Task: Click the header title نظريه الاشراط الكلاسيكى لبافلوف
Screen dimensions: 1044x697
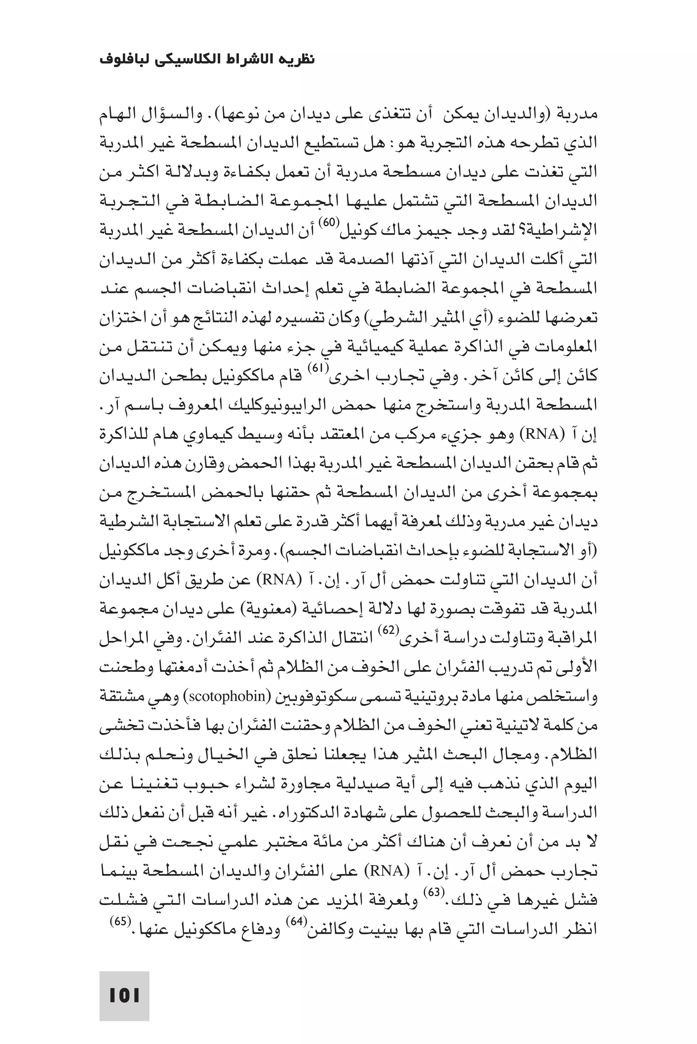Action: coord(207,60)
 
